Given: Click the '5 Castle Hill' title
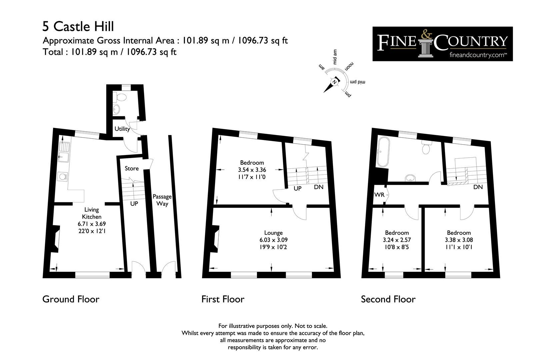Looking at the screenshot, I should pyautogui.click(x=78, y=26).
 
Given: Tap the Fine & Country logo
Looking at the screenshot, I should pyautogui.click(x=442, y=44).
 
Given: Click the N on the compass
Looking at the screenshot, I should pyautogui.click(x=334, y=82).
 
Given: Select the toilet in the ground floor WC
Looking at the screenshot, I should pyautogui.click(x=120, y=97).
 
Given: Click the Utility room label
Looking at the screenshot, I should pyautogui.click(x=122, y=129).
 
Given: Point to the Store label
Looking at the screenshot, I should pyautogui.click(x=132, y=168).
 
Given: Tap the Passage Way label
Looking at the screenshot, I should pyautogui.click(x=162, y=200).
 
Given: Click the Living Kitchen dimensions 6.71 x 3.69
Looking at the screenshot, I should pyautogui.click(x=91, y=224).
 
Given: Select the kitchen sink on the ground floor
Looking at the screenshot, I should pyautogui.click(x=63, y=150).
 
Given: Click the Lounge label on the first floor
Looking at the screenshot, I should pyautogui.click(x=273, y=233).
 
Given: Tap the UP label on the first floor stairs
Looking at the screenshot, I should pyautogui.click(x=297, y=188).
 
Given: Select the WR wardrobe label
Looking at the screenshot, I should pyautogui.click(x=379, y=194).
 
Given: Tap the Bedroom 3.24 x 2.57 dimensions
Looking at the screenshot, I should pyautogui.click(x=397, y=240).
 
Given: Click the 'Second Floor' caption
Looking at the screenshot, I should pyautogui.click(x=388, y=299).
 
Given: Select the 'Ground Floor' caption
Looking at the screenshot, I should pyautogui.click(x=71, y=299).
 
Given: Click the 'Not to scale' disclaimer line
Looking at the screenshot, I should pyautogui.click(x=273, y=326).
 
